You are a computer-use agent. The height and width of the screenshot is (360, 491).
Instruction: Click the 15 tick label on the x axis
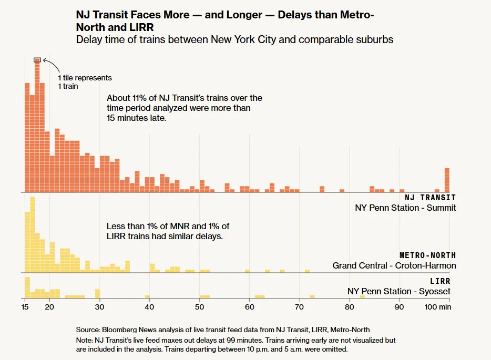click(25, 307)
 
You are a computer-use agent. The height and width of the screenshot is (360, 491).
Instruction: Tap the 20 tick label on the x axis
click(49, 307)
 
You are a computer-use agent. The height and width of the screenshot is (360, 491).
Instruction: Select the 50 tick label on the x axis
click(199, 307)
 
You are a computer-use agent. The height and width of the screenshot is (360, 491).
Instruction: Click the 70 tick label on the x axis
click(299, 307)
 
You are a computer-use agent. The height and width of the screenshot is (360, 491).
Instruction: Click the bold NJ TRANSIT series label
click(430, 198)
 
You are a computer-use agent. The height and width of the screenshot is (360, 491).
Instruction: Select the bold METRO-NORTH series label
click(428, 255)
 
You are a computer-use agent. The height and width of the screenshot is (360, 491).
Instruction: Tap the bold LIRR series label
click(440, 282)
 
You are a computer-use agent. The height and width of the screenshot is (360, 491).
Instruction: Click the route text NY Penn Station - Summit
click(405, 208)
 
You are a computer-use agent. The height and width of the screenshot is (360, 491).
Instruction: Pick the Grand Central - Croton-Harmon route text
click(394, 265)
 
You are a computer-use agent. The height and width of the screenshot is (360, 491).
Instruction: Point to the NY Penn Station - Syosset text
click(399, 291)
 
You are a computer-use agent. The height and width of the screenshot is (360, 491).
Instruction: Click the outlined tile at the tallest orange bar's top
click(37, 60)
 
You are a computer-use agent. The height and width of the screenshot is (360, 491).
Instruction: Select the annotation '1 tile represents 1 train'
click(85, 81)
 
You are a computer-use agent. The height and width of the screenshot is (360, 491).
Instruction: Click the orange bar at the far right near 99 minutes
click(447, 180)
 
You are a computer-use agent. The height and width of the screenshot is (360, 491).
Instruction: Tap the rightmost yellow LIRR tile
click(362, 297)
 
